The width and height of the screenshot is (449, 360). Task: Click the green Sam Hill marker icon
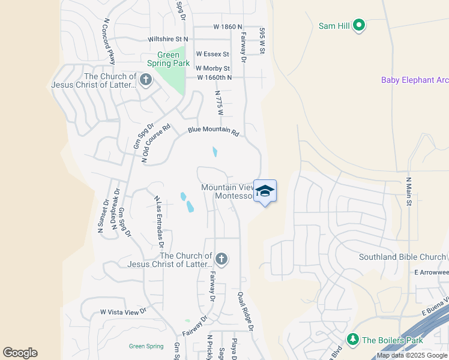coord(359,25)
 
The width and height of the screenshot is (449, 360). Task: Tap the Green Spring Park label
coord(169,59)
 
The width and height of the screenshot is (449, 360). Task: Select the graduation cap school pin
coord(265,191)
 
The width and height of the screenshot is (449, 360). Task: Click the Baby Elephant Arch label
coord(415,80)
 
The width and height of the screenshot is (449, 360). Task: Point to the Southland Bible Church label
coord(403,257)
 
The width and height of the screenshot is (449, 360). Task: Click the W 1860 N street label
coord(228,27)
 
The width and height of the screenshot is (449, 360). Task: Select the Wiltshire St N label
coord(167,39)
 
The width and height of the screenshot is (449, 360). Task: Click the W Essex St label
coord(212,54)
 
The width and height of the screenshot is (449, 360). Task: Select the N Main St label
coord(409,191)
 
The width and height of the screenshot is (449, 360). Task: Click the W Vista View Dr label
coord(123,312)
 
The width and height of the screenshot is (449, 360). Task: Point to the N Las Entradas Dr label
coord(159,221)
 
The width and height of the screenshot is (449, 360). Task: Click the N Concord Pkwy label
coord(109,37)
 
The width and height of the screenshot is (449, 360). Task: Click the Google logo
coord(20,353)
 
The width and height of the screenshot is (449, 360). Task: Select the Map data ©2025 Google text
coord(412,355)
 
